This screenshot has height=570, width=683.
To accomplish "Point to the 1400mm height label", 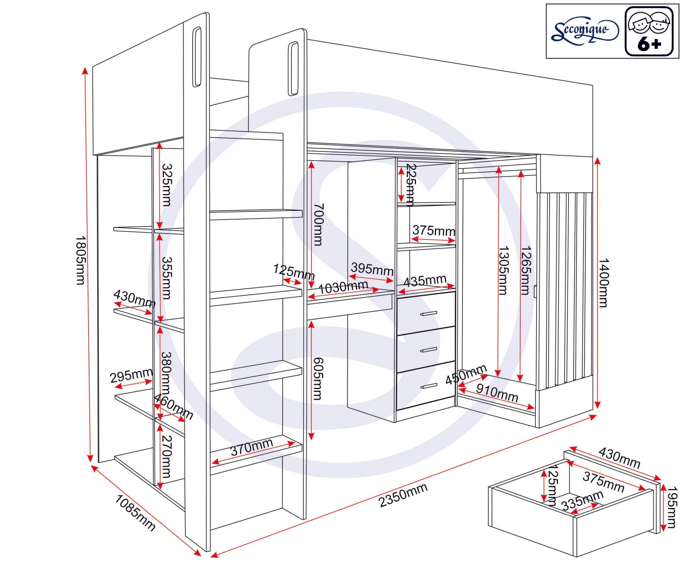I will click(603, 282).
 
